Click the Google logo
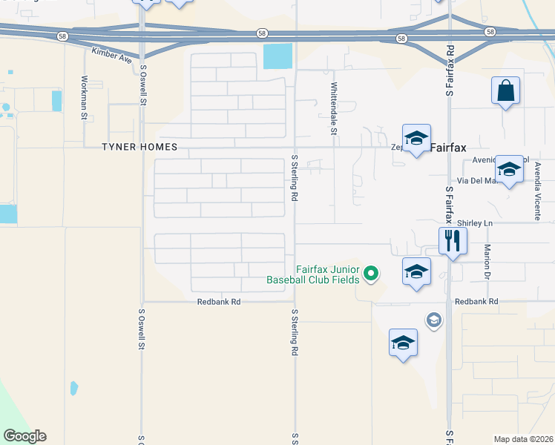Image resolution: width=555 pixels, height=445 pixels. (24, 436)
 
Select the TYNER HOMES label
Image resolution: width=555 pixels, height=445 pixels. (139, 147)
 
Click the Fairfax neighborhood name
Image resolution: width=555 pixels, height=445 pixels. (449, 148)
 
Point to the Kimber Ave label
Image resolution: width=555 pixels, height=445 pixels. (111, 53)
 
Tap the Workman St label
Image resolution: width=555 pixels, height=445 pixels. (85, 97)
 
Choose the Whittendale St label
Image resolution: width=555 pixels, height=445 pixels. (334, 108)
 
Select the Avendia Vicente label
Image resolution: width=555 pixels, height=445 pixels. (536, 192)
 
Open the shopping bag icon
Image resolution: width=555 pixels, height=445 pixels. (505, 91)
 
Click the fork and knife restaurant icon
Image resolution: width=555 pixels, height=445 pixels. (452, 240)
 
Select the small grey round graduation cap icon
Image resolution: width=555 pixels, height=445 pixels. (433, 320)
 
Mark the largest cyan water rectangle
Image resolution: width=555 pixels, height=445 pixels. (277, 56)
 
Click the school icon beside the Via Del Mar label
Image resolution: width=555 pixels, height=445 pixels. (509, 170)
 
